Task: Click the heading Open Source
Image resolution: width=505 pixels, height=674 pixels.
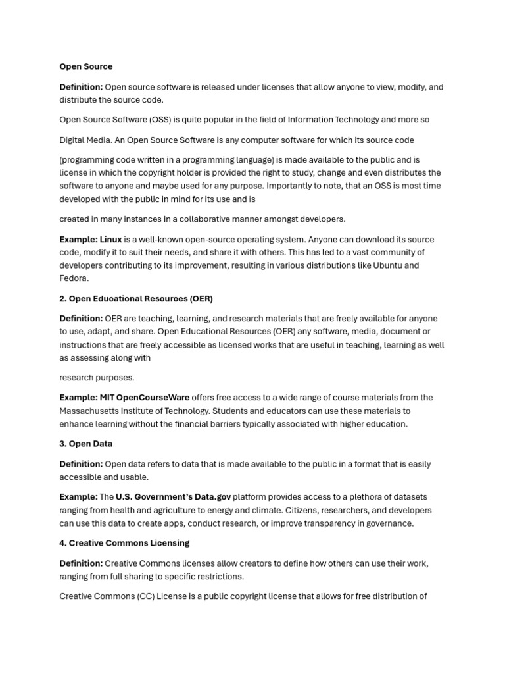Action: [x=85, y=66]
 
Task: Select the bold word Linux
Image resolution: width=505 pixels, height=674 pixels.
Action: [x=110, y=240]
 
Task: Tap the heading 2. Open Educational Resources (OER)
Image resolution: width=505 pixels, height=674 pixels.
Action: [x=136, y=299]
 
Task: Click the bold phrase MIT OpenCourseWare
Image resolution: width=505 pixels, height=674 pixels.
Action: [x=145, y=398]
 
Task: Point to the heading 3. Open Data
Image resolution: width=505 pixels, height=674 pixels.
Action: [x=85, y=444]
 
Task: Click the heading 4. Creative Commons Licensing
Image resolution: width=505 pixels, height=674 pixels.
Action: [x=124, y=543]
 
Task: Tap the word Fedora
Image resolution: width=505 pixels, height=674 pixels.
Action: [x=73, y=279]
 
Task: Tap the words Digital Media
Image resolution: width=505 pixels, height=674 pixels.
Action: [x=84, y=140]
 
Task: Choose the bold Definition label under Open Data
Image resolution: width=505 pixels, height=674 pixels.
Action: [x=81, y=464]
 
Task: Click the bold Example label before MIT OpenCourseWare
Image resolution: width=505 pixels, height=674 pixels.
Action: [x=78, y=398]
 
